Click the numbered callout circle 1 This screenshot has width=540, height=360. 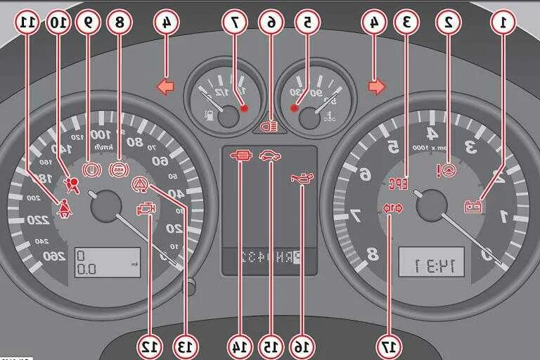click(503, 22)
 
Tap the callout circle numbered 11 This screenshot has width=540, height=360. click(27, 22)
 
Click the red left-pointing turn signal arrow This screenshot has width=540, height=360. click(165, 87)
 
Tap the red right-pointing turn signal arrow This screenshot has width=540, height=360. click(377, 87)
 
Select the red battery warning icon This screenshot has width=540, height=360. click(474, 206)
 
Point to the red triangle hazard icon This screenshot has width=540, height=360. click(140, 184)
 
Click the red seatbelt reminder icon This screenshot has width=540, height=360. click(62, 208)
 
